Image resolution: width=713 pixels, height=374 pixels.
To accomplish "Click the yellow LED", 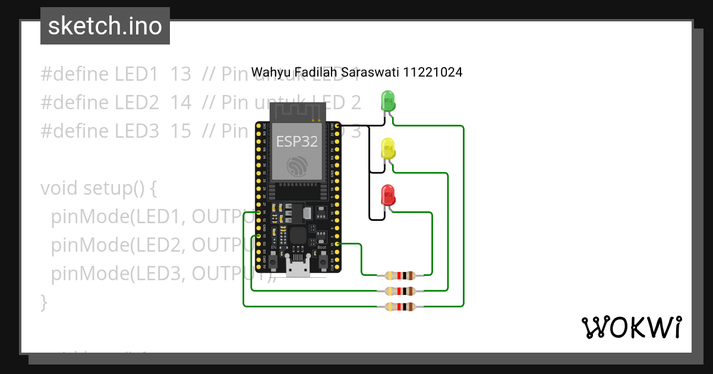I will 387,148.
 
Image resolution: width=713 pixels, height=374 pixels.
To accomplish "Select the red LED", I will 387,195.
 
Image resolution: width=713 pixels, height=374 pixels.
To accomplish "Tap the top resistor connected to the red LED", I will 399,275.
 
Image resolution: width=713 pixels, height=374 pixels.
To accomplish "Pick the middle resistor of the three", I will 399,291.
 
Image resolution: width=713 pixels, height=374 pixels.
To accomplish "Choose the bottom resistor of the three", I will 399,306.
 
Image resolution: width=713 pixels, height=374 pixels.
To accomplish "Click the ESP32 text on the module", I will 296,141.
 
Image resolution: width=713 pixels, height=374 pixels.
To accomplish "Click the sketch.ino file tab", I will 105,26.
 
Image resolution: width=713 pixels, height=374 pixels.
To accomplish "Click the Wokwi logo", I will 630,327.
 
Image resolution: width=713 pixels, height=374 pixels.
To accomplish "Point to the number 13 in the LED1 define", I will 181,74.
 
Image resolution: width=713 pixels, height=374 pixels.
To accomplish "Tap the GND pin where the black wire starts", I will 337,126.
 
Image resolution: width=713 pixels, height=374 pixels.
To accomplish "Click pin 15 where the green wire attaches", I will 337,244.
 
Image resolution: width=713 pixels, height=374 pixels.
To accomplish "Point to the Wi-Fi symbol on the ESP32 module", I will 296,166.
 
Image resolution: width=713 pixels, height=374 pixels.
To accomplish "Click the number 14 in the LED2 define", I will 181,103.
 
